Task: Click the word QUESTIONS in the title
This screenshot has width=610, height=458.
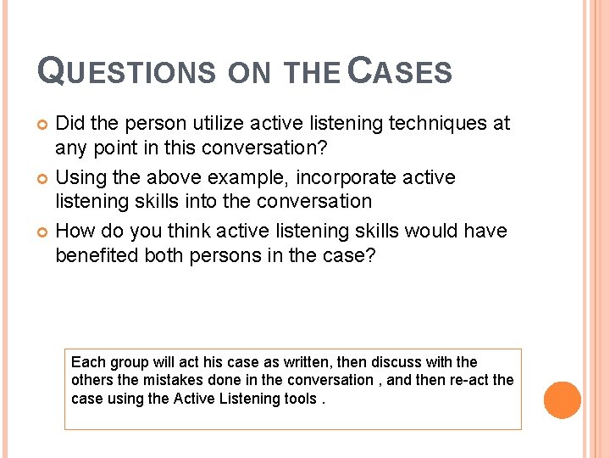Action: click(127, 71)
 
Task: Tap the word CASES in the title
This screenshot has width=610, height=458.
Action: click(401, 71)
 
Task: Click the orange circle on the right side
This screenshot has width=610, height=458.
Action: click(562, 399)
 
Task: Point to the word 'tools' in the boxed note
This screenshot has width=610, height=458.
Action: click(300, 398)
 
